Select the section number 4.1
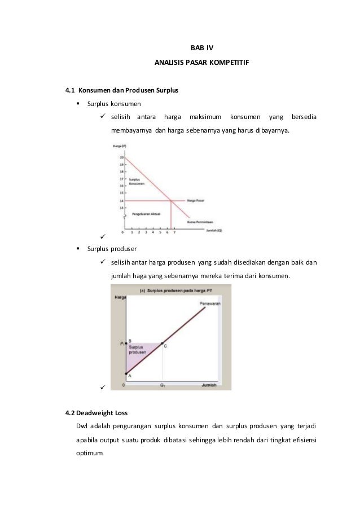click(x=71, y=90)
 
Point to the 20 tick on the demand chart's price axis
click(x=121, y=157)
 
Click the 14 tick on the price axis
click(x=121, y=200)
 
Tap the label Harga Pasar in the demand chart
click(x=195, y=200)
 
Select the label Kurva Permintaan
click(x=200, y=222)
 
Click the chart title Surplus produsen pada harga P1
click(x=172, y=289)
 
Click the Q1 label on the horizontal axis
click(x=163, y=386)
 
